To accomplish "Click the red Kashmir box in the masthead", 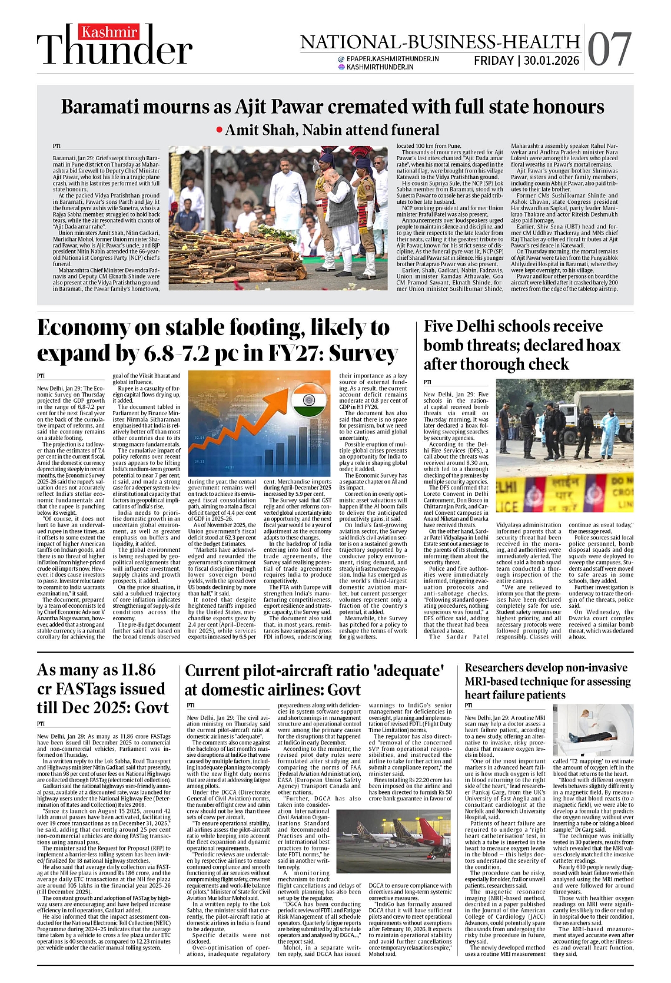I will pyautogui.click(x=110, y=32).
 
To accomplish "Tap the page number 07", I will pyautogui.click(x=609, y=49).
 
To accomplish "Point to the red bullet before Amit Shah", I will pyautogui.click(x=220, y=130).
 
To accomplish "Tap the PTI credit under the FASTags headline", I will pyautogui.click(x=41, y=724).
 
